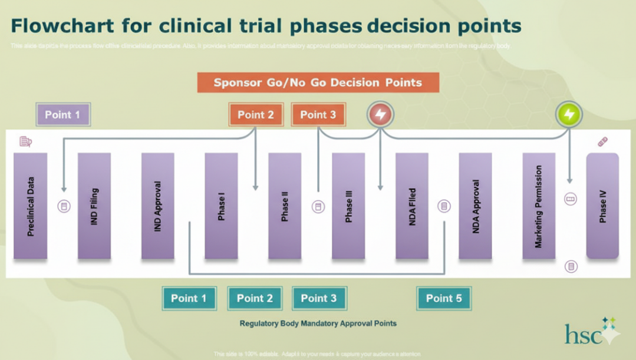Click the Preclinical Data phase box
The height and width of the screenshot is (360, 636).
(x=30, y=206)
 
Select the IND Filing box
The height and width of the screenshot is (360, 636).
(x=94, y=206)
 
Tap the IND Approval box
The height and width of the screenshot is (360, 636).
(x=157, y=206)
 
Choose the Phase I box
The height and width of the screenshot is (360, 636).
(x=221, y=206)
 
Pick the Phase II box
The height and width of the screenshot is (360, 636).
(x=285, y=206)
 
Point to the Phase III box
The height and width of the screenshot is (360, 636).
(x=348, y=206)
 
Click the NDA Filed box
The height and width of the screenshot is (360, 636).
(x=412, y=206)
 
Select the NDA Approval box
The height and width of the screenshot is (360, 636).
(x=476, y=206)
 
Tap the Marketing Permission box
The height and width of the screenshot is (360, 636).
(x=539, y=206)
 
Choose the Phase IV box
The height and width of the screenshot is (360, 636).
(x=602, y=206)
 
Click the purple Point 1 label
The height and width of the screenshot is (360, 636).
(x=63, y=115)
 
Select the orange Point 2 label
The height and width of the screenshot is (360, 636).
(x=256, y=115)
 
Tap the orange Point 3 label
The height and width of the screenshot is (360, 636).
(x=318, y=115)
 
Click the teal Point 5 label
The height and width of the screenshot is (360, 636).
(x=444, y=298)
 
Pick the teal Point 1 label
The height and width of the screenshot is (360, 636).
(x=189, y=298)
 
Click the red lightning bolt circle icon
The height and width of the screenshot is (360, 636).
(x=381, y=114)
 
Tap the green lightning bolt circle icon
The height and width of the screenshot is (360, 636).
(x=569, y=114)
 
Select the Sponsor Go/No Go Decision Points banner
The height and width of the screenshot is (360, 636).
(x=318, y=82)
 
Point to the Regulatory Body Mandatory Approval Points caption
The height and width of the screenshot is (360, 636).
(x=318, y=323)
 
